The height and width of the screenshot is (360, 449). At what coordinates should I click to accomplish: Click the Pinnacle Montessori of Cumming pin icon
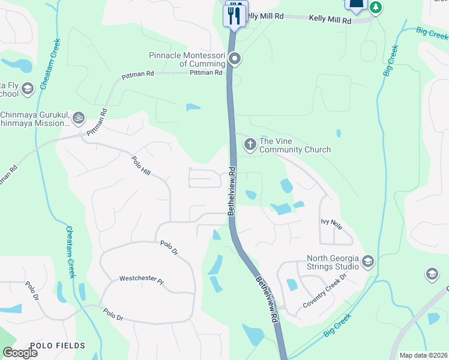point(235,59)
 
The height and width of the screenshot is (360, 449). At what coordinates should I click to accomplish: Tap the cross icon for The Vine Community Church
point(250,145)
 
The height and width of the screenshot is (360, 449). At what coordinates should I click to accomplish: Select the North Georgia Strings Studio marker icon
point(368,262)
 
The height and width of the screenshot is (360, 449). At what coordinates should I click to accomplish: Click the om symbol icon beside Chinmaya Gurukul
point(77,118)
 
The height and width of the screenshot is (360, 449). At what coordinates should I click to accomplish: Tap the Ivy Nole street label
point(331,224)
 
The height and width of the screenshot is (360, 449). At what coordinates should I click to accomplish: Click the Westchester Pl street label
point(141,279)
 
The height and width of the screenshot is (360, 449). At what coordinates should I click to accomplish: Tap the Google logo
point(20,353)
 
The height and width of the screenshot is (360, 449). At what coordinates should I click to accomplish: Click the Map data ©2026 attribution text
point(423,355)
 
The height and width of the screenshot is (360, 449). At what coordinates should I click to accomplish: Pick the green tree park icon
point(376,7)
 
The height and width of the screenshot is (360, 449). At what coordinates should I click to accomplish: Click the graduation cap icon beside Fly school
point(27,89)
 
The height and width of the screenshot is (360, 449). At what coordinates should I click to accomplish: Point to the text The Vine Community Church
point(295,145)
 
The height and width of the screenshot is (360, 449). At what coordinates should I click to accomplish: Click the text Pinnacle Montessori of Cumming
point(187,60)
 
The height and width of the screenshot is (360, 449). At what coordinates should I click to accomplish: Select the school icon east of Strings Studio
point(431,275)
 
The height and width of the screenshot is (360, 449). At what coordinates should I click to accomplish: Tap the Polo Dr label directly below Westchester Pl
point(113,313)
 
